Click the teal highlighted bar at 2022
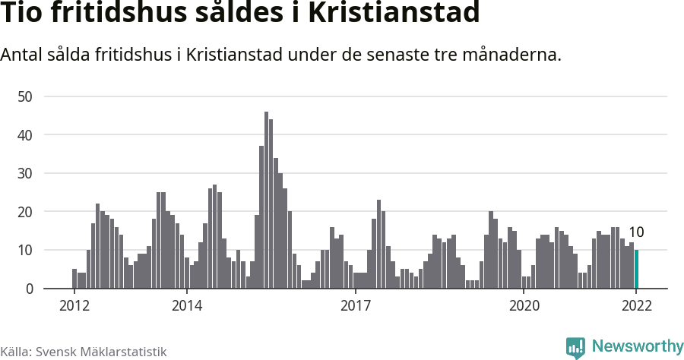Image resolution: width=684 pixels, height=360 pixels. click(637, 270)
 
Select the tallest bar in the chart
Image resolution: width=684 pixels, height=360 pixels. click(266, 201)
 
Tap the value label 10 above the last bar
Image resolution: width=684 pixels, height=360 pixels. click(636, 232)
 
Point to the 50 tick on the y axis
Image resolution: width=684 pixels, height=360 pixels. click(25, 96)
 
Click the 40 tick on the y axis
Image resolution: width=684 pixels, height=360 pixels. click(25, 135)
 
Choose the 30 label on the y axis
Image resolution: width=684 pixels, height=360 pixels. click(25, 173)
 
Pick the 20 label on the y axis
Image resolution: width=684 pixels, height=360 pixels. click(25, 212)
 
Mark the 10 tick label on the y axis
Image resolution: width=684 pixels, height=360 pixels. click(25, 250)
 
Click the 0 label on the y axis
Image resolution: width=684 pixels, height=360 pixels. click(29, 289)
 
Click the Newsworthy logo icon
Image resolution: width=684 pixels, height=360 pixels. click(575, 347)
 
